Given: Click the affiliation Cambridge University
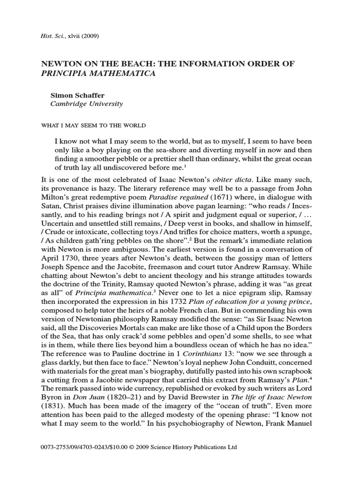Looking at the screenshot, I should tap(86, 104).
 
